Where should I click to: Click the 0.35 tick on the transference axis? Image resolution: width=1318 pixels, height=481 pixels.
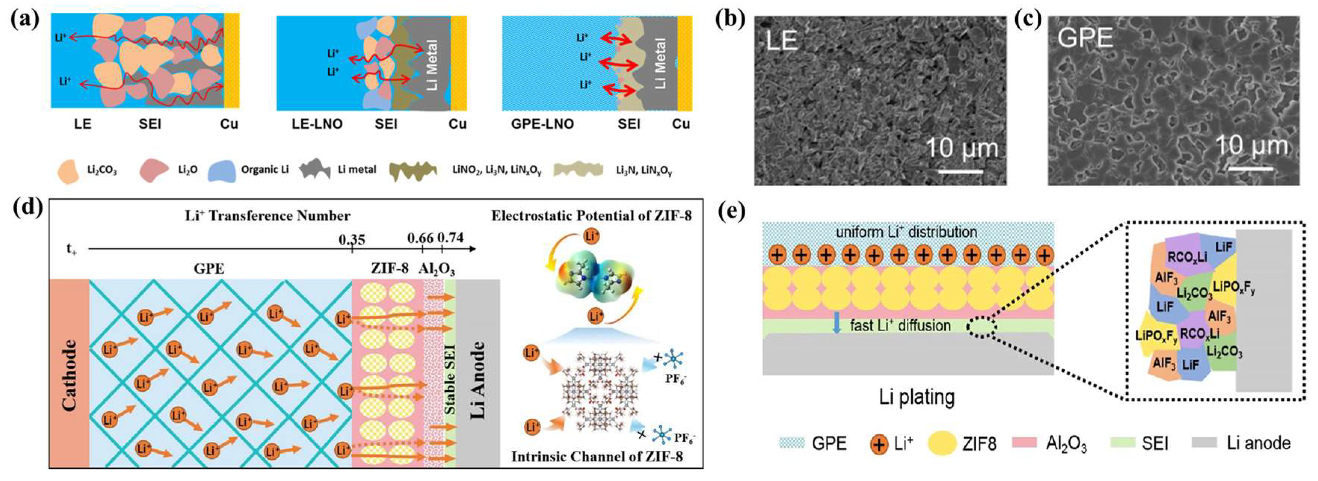(x=352, y=248)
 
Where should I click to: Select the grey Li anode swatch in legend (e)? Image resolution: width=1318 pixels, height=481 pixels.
(x=1204, y=443)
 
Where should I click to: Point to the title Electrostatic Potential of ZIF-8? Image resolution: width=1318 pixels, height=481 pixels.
(x=591, y=216)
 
